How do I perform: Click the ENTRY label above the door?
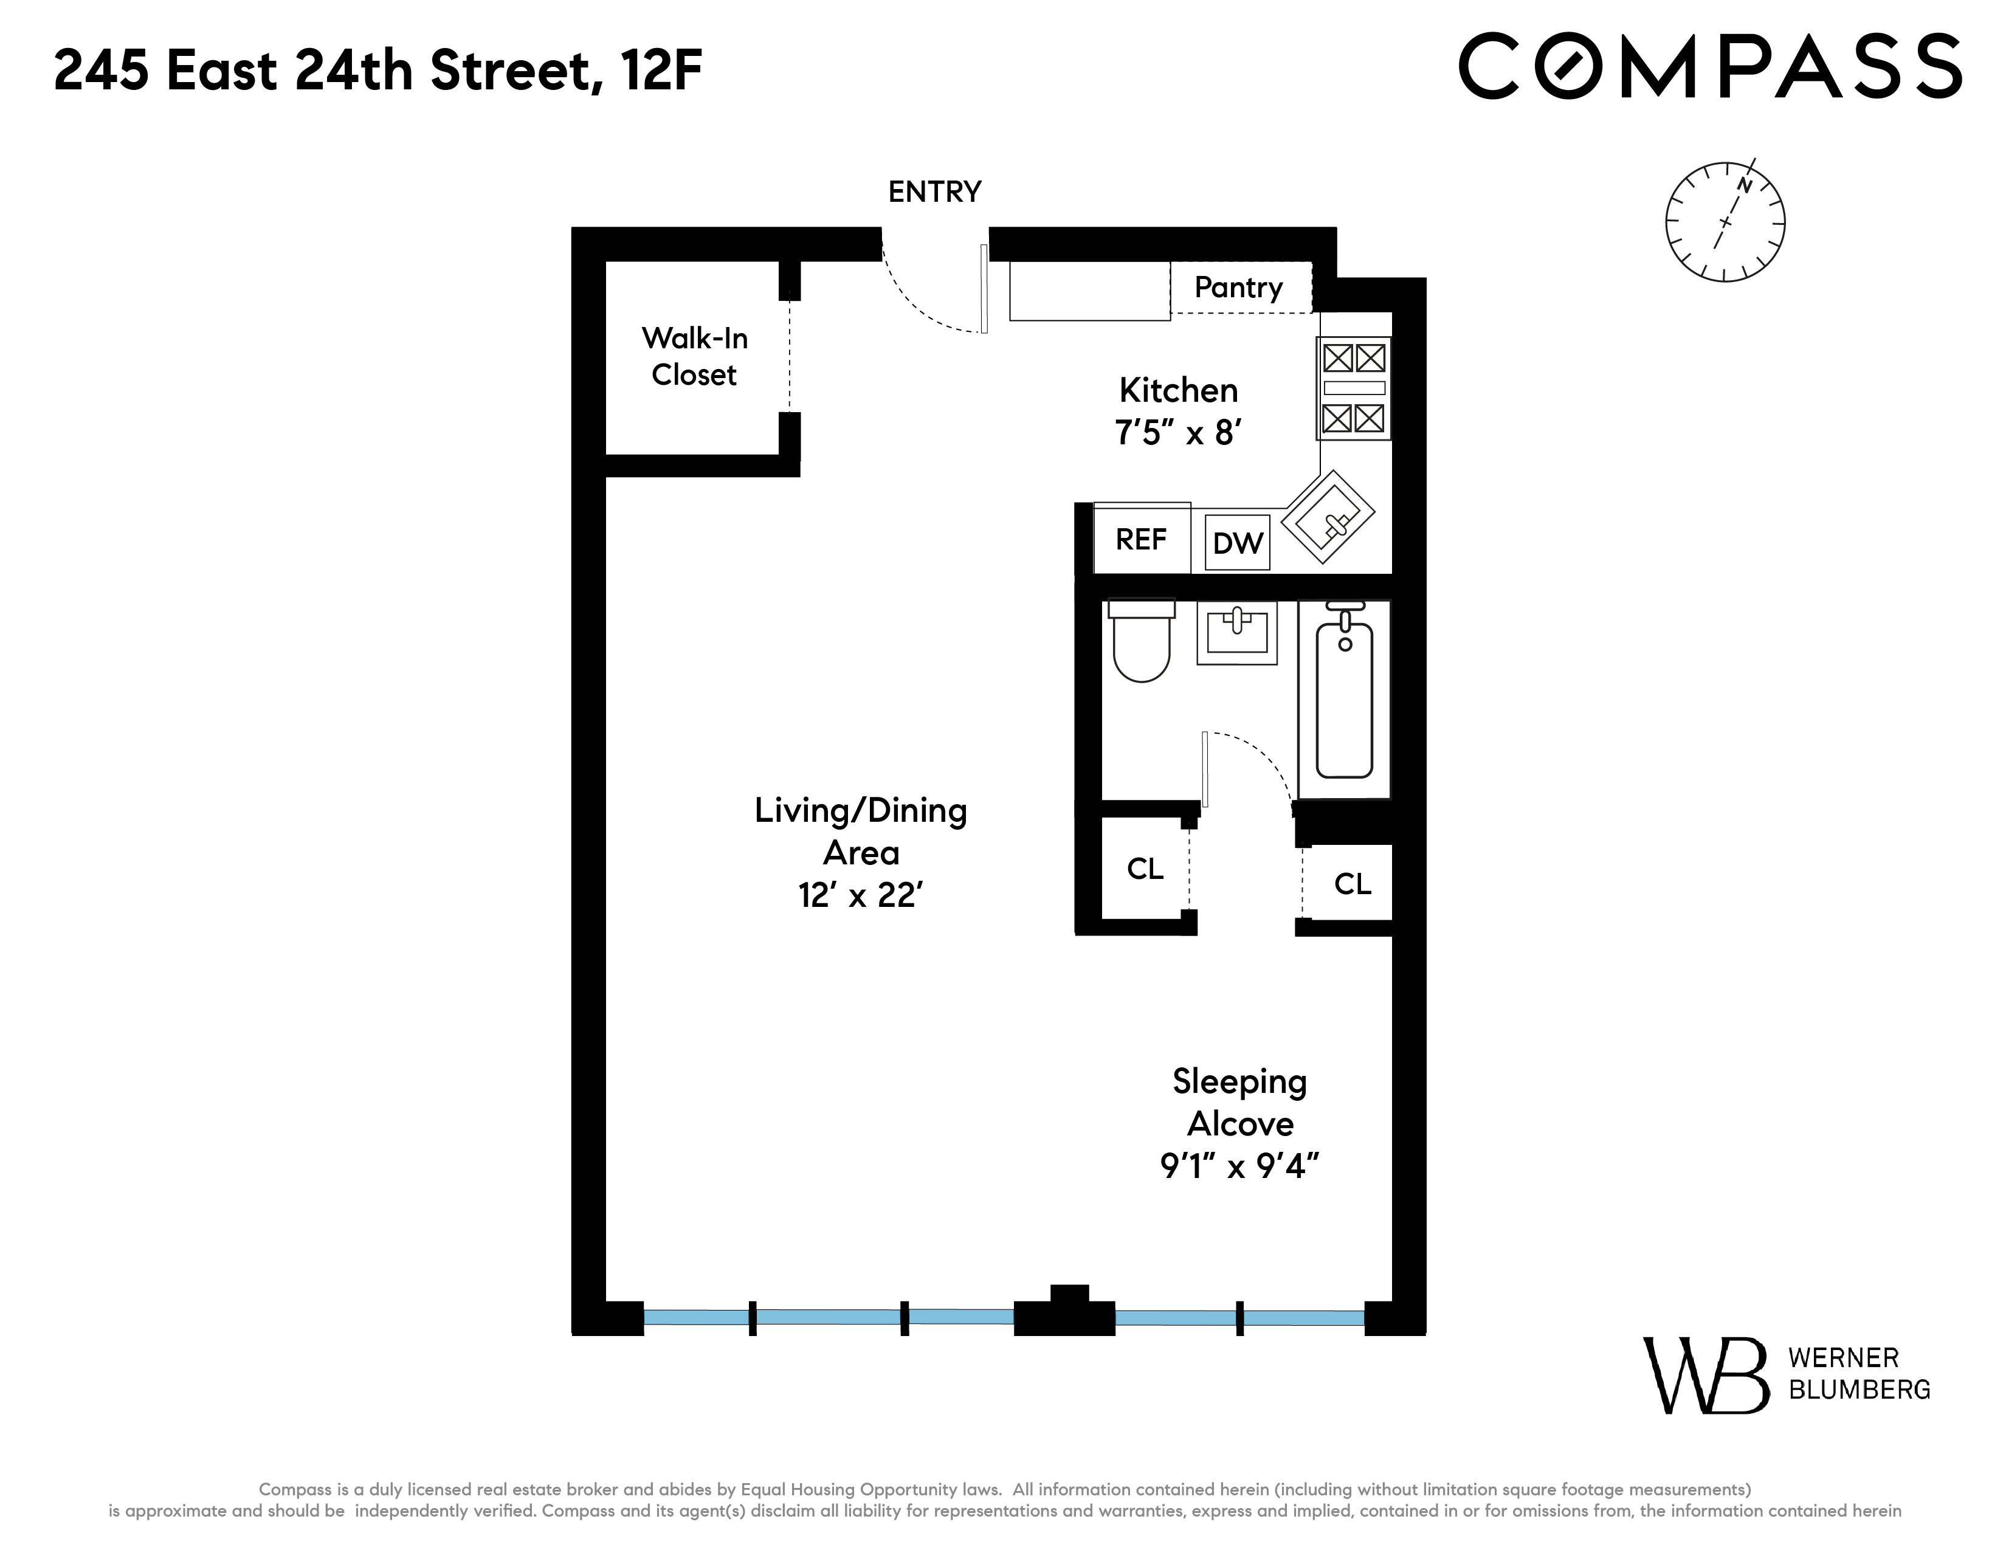tap(934, 192)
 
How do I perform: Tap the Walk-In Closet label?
tap(694, 356)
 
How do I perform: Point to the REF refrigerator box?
tap(1141, 539)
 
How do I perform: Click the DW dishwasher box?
tap(1236, 543)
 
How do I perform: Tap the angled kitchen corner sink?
tap(1328, 517)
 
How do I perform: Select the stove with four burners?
tap(1354, 388)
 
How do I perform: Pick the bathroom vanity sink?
tap(1236, 632)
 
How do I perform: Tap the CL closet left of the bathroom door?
tap(1145, 869)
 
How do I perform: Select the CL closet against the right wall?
tap(1352, 884)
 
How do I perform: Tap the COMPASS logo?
tap(1710, 66)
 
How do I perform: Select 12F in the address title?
tap(661, 71)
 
